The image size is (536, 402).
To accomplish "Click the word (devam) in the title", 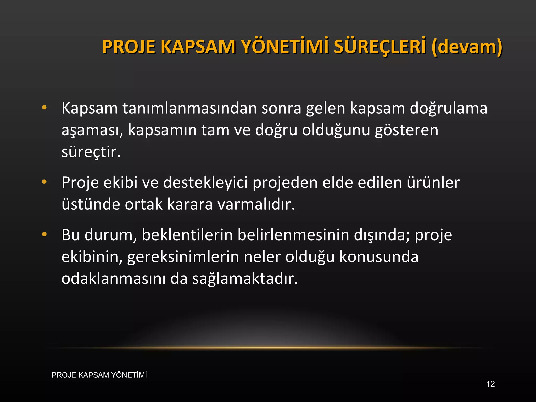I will pos(467,47).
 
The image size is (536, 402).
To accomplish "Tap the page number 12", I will pos(490,384).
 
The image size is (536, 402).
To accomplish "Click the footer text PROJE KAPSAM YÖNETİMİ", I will pos(99,375).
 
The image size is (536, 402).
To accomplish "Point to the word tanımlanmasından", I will pos(190,108).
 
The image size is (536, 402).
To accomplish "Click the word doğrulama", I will pos(448,109).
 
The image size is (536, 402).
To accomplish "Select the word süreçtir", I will pos(91,152).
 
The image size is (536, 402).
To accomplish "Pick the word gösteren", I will pos(406,130).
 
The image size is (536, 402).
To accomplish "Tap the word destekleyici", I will pos(205,183).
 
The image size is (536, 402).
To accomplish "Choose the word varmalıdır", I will pos(256,204).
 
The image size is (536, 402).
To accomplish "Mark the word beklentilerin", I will pos(187,235).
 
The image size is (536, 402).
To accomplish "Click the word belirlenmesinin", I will pos(293,235).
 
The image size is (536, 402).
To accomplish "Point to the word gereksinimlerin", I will pos(183,257).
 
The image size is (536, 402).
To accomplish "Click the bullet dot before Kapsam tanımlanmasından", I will pos(44,107).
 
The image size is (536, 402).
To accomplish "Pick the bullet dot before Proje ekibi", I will pos(44,182).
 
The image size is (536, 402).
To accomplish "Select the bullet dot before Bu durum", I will pos(44,234).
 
